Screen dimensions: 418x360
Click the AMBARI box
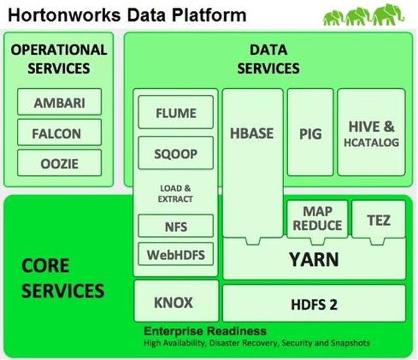tap(59, 102)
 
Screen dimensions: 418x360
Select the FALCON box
tap(59, 132)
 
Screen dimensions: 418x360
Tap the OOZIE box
tap(59, 163)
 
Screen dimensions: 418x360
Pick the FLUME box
tap(176, 112)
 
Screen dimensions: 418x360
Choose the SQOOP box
tap(176, 153)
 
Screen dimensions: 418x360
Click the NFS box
tap(176, 225)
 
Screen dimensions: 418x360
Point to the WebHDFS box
tap(176, 254)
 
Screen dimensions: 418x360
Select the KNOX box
tap(176, 301)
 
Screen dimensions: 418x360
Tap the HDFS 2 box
tap(314, 303)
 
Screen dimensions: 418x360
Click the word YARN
tap(314, 259)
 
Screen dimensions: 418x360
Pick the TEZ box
tap(379, 219)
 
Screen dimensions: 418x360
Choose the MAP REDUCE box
tap(317, 219)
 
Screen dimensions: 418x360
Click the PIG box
tap(310, 132)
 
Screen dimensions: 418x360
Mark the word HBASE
tap(252, 133)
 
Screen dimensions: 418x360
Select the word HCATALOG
tap(372, 142)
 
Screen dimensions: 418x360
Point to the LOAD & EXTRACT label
tap(175, 193)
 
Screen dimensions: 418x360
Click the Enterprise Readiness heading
tap(205, 331)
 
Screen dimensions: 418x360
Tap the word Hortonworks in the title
tap(65, 15)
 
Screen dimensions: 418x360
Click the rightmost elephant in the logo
tap(389, 14)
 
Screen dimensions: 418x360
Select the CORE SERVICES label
tap(63, 278)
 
